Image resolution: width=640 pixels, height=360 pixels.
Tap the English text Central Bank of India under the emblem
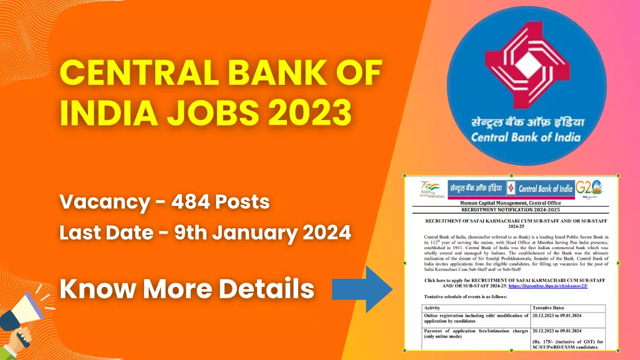point(525,138)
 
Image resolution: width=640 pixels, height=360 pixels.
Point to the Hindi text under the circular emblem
point(525,122)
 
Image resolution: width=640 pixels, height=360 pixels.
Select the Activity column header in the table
point(434,308)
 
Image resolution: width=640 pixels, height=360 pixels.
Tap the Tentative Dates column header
point(553,308)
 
